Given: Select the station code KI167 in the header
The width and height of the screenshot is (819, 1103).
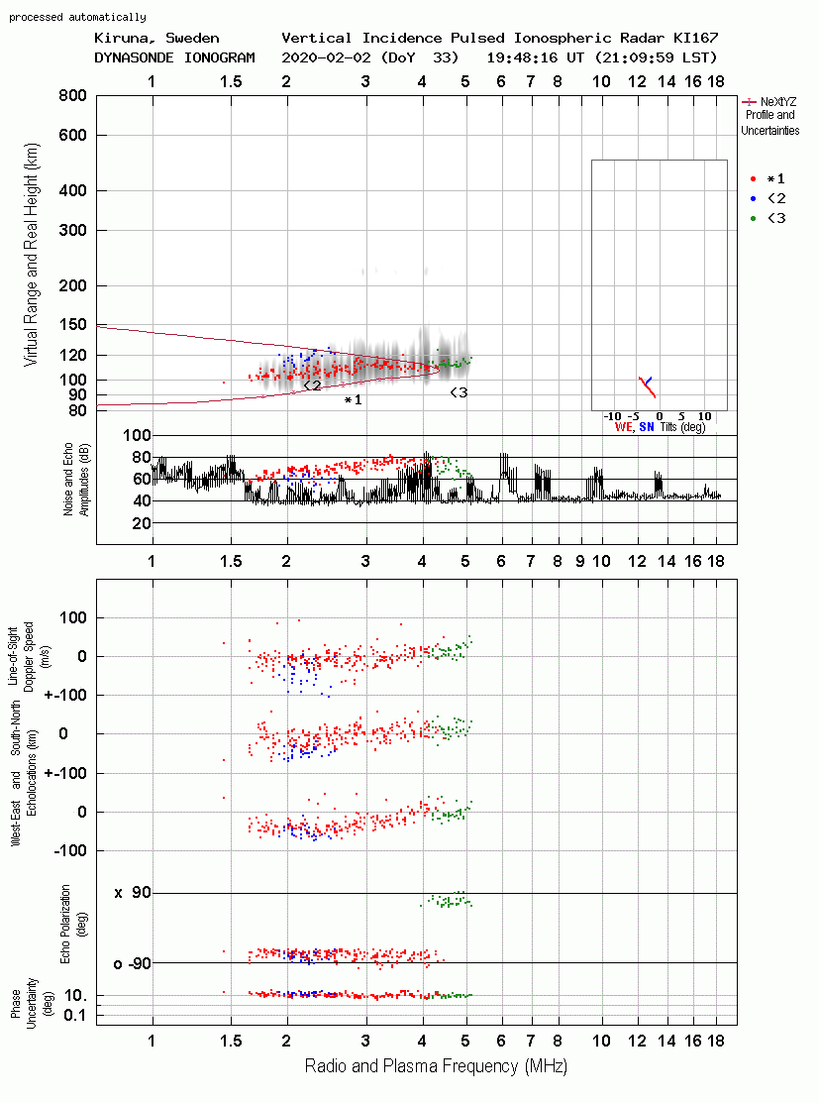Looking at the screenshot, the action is (695, 38).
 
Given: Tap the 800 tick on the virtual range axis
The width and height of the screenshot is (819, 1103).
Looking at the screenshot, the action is (72, 96).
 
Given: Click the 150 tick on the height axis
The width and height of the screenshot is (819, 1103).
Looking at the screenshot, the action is (73, 324).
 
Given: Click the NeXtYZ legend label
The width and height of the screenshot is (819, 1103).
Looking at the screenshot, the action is (778, 102).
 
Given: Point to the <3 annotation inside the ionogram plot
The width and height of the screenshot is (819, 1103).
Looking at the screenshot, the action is (459, 392).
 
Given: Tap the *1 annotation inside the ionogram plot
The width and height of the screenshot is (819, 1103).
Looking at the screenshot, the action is (353, 400).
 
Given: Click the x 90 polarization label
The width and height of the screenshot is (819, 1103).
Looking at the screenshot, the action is (133, 893).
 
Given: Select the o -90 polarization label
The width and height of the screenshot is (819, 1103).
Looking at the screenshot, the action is (132, 963).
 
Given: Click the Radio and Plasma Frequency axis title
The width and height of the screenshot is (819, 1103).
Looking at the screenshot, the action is (436, 1066).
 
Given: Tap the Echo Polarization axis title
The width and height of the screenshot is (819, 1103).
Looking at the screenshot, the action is (65, 925).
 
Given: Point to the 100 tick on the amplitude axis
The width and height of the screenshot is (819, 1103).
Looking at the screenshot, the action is (137, 435).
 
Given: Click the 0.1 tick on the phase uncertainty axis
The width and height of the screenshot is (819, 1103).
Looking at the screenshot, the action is (74, 1015).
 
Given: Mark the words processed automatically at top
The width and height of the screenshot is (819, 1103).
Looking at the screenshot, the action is (77, 17).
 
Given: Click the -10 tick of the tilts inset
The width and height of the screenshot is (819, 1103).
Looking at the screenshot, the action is (613, 416).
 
